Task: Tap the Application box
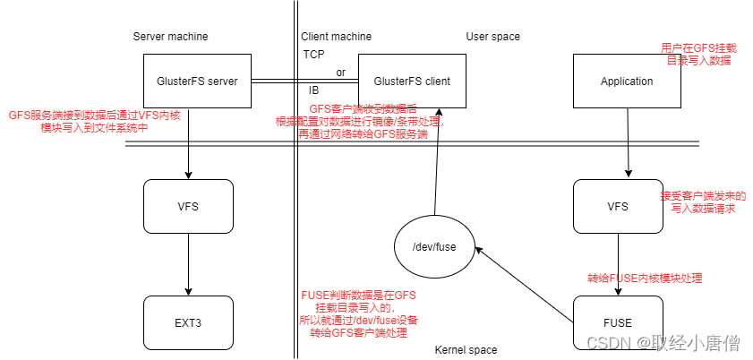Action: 626,81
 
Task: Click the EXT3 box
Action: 188,322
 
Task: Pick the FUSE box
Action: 617,322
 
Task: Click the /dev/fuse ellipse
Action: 434,246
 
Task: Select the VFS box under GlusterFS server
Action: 188,207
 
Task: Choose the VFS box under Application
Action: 617,207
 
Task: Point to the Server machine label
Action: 170,37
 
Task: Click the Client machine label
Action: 336,37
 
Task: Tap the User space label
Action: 492,37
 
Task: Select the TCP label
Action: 313,55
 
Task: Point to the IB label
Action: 313,90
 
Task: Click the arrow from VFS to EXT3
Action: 188,265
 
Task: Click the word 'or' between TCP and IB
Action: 340,73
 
